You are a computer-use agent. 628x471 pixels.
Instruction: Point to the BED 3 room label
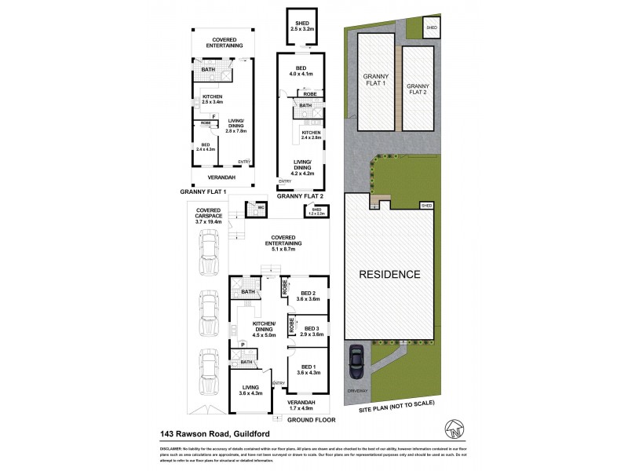click(x=312, y=331)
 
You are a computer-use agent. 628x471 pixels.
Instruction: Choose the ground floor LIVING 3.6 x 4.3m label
click(x=250, y=389)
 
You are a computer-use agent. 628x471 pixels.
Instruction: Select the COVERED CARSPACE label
click(x=208, y=217)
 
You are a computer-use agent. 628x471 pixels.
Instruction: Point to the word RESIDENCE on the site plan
click(x=390, y=275)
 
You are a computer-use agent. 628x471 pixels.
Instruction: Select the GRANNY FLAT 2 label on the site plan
click(x=417, y=88)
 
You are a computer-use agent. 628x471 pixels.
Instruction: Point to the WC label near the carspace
click(x=253, y=208)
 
